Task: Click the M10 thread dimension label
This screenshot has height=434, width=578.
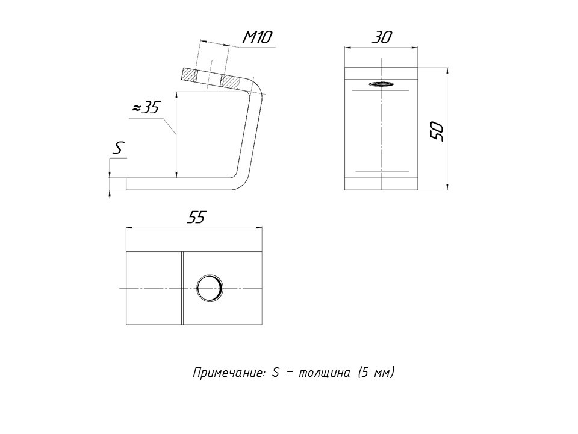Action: coord(258,37)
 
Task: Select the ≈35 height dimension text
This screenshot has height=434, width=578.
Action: coord(146,107)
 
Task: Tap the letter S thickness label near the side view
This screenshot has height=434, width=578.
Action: coord(119,148)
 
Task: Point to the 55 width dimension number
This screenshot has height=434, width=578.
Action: coord(196,218)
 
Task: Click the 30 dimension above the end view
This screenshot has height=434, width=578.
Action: coord(382,37)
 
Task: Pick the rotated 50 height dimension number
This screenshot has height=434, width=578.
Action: coord(438,131)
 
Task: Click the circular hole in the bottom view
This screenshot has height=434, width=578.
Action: coord(210,288)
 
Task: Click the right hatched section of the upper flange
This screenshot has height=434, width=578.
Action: coord(234,81)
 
